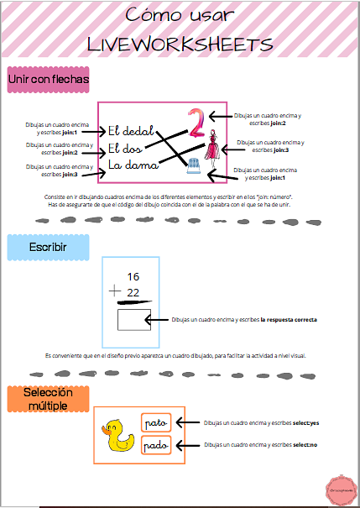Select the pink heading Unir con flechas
[x=47, y=80]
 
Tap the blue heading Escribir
[x=47, y=248]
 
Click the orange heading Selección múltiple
[x=47, y=399]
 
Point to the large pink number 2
[x=196, y=123]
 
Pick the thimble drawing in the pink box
[x=195, y=166]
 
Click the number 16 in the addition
[x=133, y=277]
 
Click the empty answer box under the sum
[x=134, y=320]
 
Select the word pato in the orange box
[x=156, y=422]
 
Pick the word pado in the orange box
[x=156, y=445]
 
